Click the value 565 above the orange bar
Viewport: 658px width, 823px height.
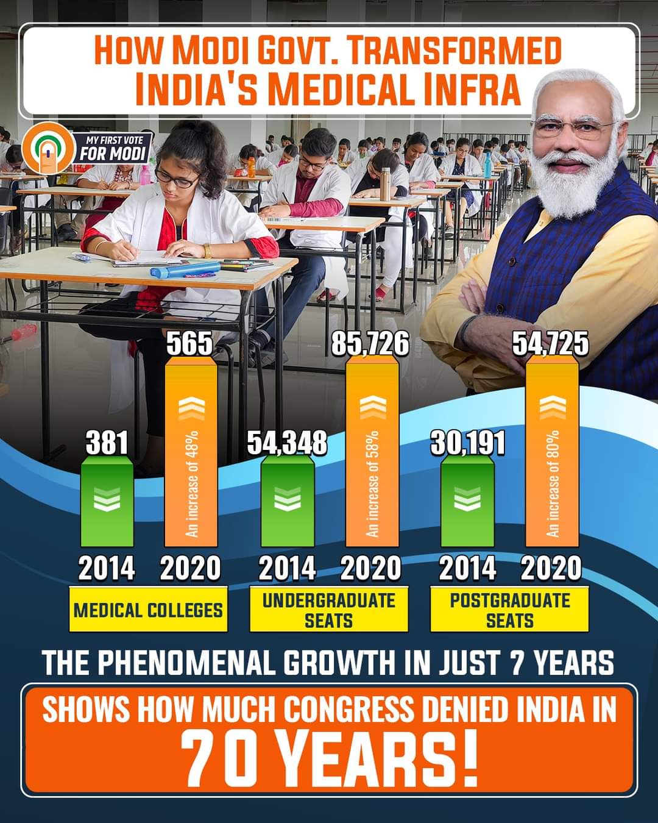189,344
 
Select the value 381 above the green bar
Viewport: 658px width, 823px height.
107,443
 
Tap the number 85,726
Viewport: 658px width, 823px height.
370,344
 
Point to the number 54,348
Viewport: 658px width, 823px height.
286,443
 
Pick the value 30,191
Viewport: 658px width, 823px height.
468,443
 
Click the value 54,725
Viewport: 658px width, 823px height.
550,344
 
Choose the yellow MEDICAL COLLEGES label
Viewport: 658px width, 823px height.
148,610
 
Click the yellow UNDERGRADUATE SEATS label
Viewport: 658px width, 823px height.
328,610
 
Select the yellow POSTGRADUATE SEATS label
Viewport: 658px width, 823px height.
509,610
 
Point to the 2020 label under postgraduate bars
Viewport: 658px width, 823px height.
551,568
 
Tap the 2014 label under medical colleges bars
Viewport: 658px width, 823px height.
107,568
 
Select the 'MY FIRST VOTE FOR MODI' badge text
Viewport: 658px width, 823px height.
113,149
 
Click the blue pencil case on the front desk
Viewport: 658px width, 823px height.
184,269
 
